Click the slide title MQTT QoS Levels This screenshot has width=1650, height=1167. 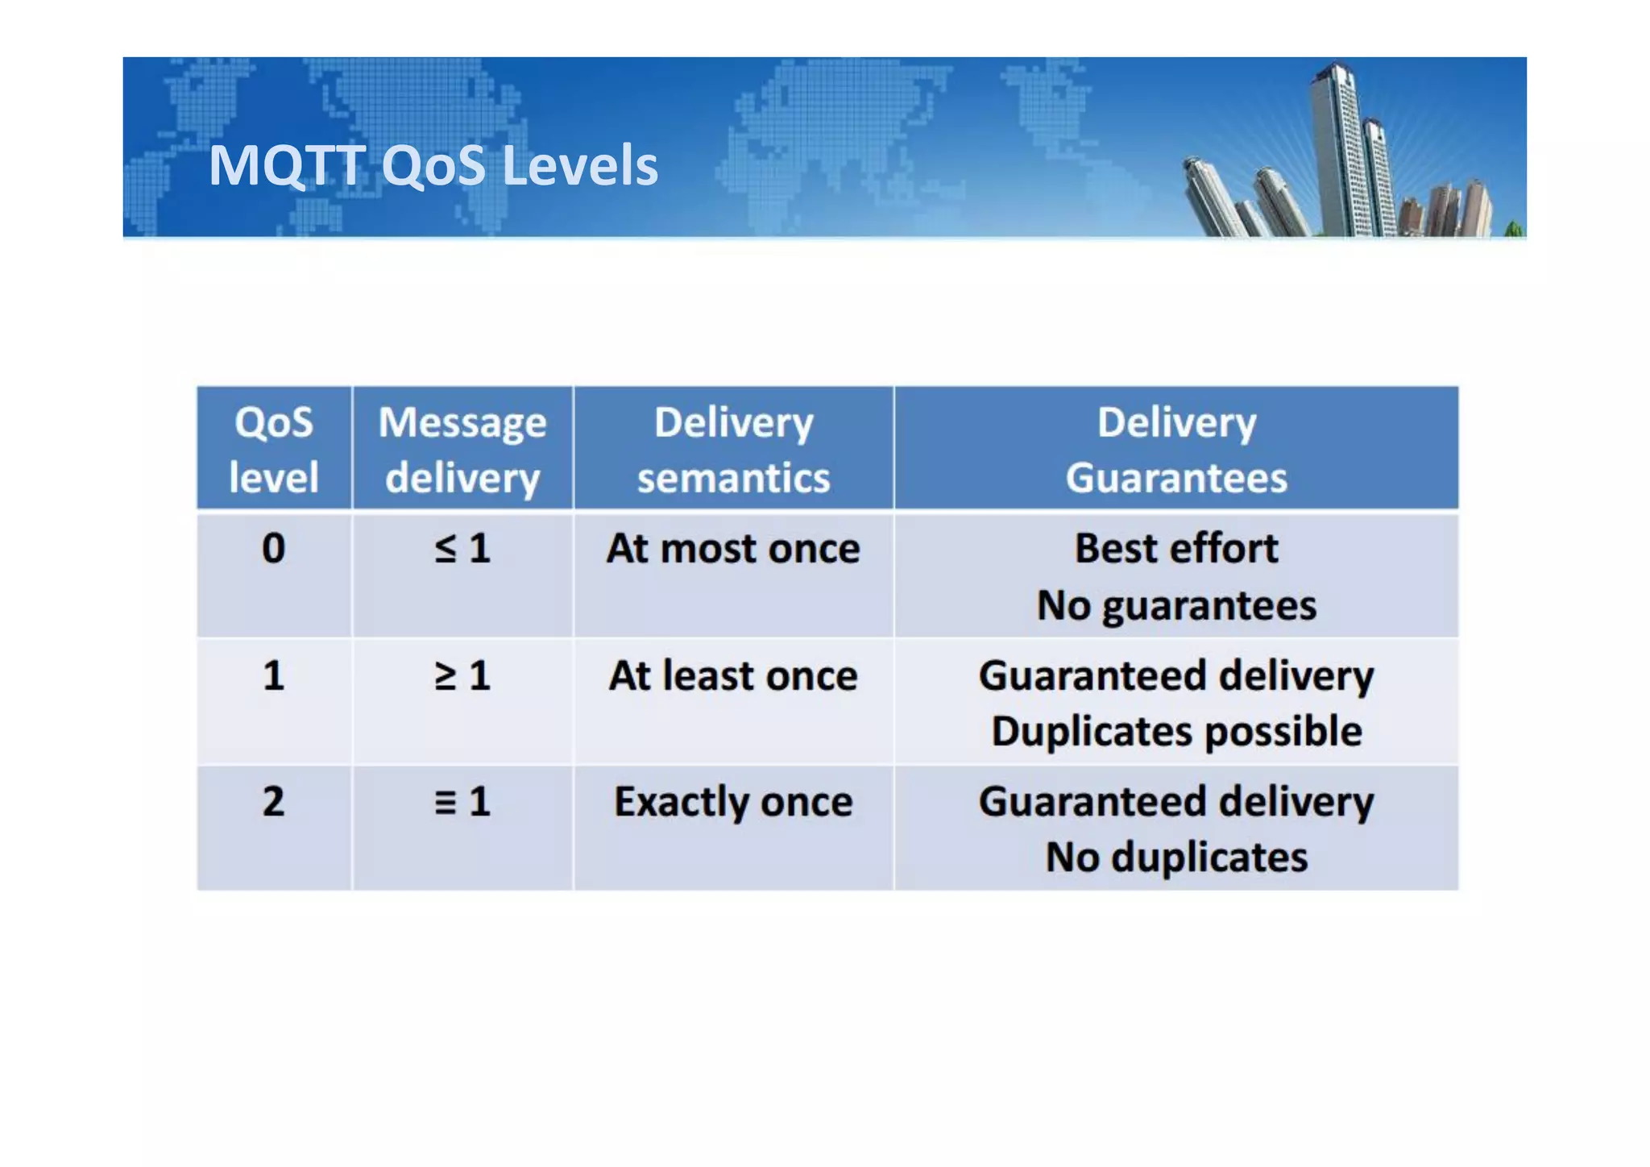(433, 165)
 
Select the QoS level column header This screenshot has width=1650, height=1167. (274, 449)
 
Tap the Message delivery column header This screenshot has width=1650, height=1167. (462, 449)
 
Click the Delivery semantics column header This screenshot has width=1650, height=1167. (733, 449)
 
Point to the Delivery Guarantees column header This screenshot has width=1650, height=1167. (1176, 449)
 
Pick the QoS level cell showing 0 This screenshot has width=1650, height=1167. (274, 549)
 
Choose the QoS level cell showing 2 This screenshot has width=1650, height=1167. (274, 802)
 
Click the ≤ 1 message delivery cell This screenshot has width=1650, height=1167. (462, 549)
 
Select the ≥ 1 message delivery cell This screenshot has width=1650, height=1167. (462, 675)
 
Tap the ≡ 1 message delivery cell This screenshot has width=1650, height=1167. (462, 802)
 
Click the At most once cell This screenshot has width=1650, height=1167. (733, 549)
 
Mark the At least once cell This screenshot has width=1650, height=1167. (733, 675)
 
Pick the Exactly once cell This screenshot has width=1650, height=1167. (733, 802)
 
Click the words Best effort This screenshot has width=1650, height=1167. (1176, 549)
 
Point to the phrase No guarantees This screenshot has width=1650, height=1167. (1176, 605)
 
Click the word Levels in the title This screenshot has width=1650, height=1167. (580, 165)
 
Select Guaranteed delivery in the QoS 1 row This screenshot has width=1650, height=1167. (1176, 675)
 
